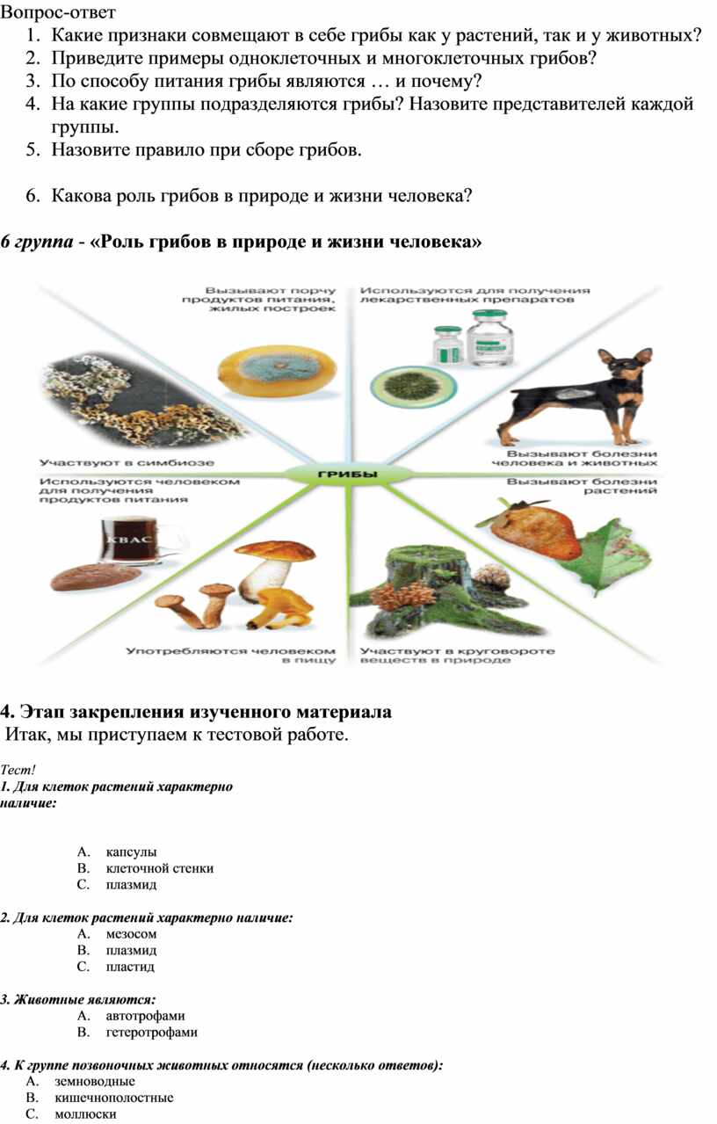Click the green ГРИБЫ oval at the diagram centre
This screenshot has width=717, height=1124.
coord(349,475)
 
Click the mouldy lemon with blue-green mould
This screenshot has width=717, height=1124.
coord(277,373)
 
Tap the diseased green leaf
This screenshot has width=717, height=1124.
coord(608,556)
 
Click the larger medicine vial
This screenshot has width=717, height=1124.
coord(491,338)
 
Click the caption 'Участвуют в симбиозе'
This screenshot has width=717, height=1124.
coord(127,462)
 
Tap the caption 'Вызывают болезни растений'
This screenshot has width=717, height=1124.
coord(582,486)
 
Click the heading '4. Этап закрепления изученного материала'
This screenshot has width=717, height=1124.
coord(196,712)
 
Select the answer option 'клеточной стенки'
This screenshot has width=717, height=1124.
coord(160,868)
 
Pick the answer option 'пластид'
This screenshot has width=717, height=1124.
coord(130,967)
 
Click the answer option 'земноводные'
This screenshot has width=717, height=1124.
coord(95,1081)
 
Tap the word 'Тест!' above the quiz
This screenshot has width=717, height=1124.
coord(18,769)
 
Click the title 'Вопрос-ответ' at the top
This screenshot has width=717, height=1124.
coord(58,12)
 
